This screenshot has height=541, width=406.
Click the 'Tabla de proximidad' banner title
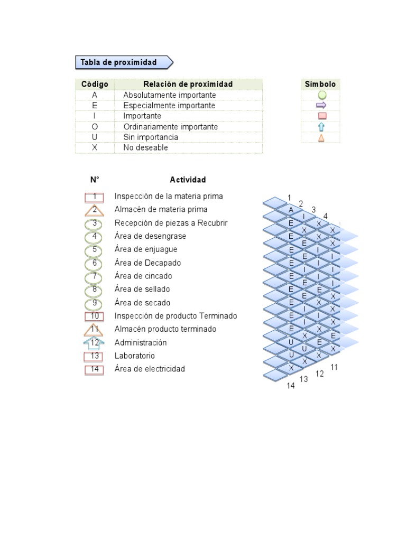click(119, 62)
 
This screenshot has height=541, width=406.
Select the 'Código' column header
click(95, 85)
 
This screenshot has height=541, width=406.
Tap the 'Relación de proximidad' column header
click(188, 85)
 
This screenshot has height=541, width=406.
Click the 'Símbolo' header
click(320, 85)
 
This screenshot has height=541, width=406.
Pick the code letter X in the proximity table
click(95, 148)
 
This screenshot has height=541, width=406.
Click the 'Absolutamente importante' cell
click(169, 95)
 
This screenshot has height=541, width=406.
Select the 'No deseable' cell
click(145, 148)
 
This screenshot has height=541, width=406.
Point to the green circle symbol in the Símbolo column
click(321, 96)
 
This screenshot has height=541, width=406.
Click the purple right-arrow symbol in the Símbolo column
click(321, 106)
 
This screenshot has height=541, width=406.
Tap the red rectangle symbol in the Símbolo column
click(321, 116)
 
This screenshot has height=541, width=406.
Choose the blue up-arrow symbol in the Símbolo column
click(321, 127)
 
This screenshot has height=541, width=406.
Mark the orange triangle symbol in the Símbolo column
click(321, 138)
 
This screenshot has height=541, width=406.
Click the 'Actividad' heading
click(188, 180)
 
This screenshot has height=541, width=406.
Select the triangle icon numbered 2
click(95, 210)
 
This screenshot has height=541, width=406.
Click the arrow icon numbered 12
click(95, 343)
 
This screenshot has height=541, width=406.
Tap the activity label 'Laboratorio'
click(135, 356)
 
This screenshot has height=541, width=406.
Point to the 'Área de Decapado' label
click(147, 263)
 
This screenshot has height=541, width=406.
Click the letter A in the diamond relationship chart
click(291, 210)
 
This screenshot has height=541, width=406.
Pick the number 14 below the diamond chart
click(291, 386)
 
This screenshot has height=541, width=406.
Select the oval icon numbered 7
click(95, 276)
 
